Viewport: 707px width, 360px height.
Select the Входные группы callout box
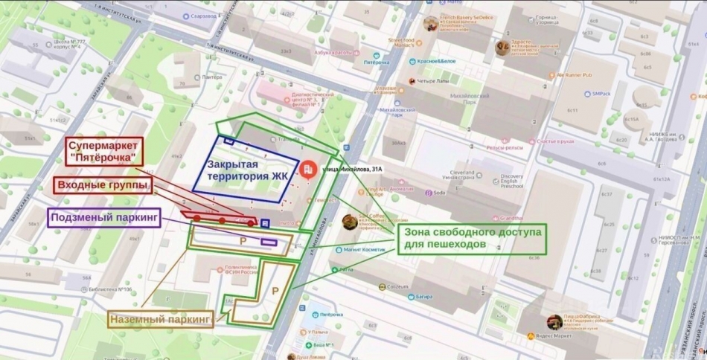tap(104, 184)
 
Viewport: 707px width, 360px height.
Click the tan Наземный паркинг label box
tap(161, 319)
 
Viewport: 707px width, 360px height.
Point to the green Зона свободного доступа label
tap(473, 237)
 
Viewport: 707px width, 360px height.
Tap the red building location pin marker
tap(309, 170)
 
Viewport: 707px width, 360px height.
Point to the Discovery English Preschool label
tap(506, 180)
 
